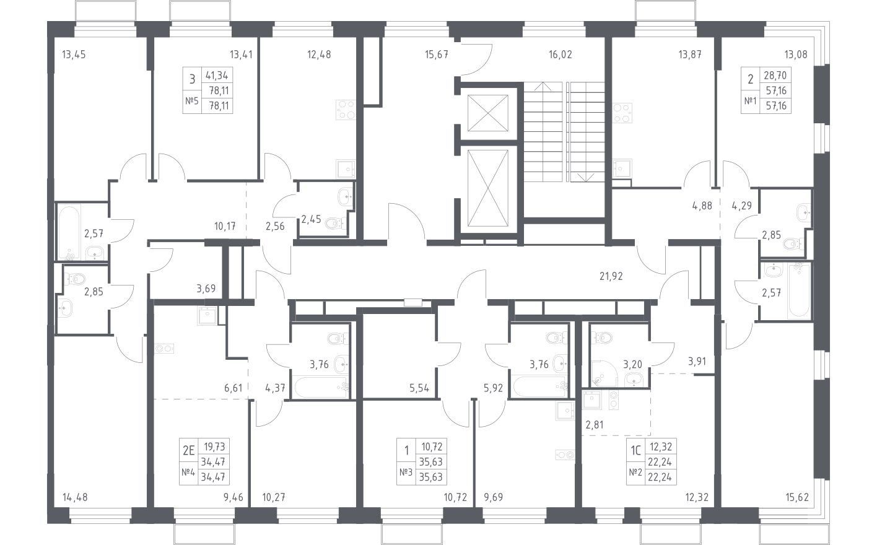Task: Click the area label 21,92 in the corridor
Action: [611, 276]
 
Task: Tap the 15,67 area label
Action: [437, 54]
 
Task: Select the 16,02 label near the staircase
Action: [561, 54]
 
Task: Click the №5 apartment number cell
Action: [192, 101]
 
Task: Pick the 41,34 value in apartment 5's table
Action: [217, 75]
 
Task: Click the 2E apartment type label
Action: [189, 451]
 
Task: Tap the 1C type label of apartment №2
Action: [635, 451]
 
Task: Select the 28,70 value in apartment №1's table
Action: [775, 75]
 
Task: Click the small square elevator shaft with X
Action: [488, 113]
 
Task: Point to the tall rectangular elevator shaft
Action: [488, 188]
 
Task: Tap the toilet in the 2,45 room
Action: [334, 223]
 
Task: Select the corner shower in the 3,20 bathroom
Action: [603, 373]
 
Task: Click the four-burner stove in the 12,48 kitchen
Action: [346, 110]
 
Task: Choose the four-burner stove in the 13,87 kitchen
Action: [622, 113]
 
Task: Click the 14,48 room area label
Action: [75, 498]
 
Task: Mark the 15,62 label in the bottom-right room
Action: [796, 498]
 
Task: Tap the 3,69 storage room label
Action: [206, 289]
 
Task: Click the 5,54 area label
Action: [419, 388]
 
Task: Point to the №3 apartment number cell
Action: [406, 473]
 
